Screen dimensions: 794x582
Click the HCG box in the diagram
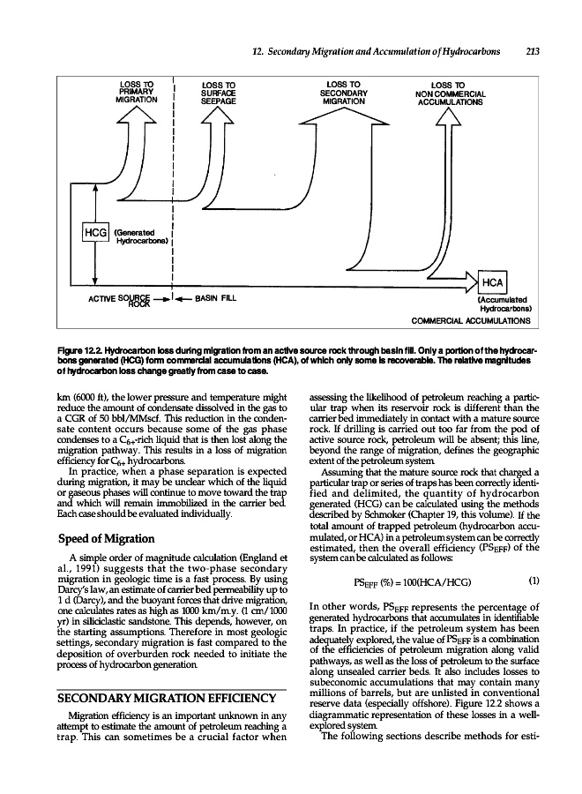[x=93, y=232]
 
